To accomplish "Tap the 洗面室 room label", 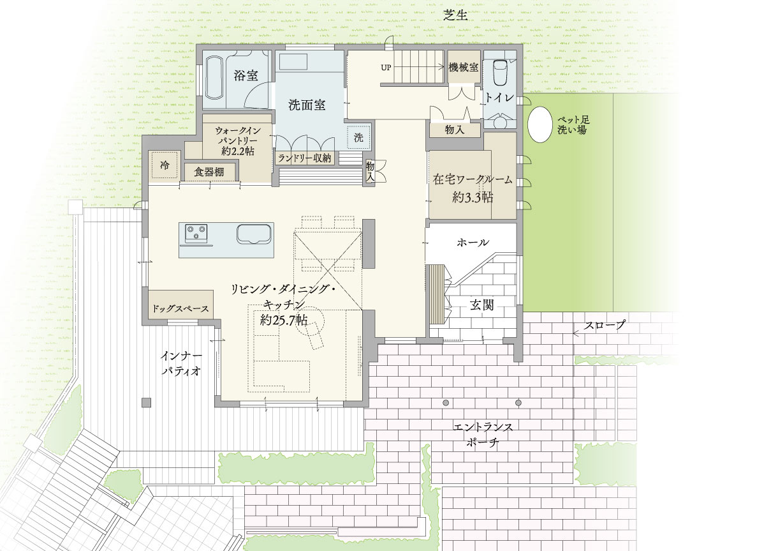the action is click(x=307, y=105).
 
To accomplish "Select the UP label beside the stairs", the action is click(x=386, y=68).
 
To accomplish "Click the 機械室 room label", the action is click(x=463, y=67).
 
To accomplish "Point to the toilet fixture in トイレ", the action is click(x=501, y=73).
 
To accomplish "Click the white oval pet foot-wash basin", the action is click(x=540, y=125).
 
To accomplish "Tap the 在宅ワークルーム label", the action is click(x=473, y=179).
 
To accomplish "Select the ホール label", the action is click(x=473, y=243).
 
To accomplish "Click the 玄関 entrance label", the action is click(x=482, y=305).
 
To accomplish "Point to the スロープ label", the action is click(x=605, y=325).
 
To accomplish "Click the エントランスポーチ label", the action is click(x=483, y=435).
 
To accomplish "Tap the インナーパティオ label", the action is click(x=181, y=363).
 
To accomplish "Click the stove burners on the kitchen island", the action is click(x=196, y=233).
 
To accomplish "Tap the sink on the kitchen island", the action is click(x=254, y=234).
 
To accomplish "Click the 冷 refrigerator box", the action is click(x=165, y=165).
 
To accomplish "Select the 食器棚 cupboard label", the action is click(x=209, y=172).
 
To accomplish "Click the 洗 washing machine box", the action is click(x=358, y=137).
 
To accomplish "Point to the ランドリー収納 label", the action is click(x=304, y=158).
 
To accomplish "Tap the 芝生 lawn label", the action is click(x=455, y=15).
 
